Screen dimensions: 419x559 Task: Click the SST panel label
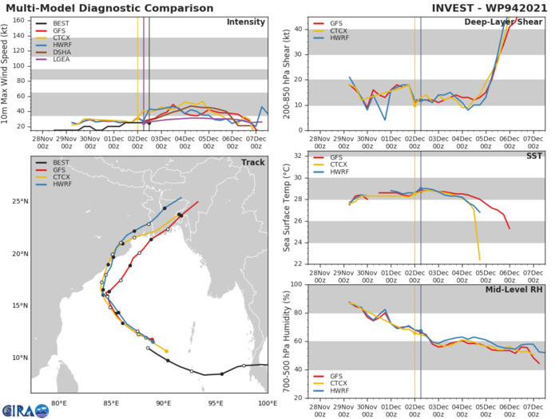coord(533,156)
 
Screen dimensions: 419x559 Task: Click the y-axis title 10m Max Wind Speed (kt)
coord(6,74)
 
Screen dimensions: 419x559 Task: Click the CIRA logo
coord(25,408)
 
